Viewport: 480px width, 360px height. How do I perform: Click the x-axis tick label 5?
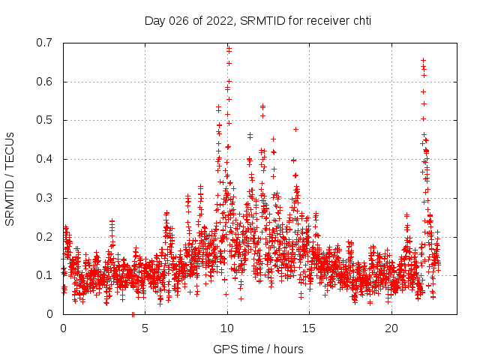(145, 328)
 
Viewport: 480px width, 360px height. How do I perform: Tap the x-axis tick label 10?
(227, 328)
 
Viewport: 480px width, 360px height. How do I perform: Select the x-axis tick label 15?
(310, 328)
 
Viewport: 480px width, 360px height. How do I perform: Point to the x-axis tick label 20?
(391, 328)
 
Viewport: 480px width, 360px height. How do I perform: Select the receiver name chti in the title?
(360, 20)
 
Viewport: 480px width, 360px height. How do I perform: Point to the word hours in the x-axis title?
(288, 349)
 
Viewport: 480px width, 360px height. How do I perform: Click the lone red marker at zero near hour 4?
(133, 314)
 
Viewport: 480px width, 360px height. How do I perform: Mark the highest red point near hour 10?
(228, 49)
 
